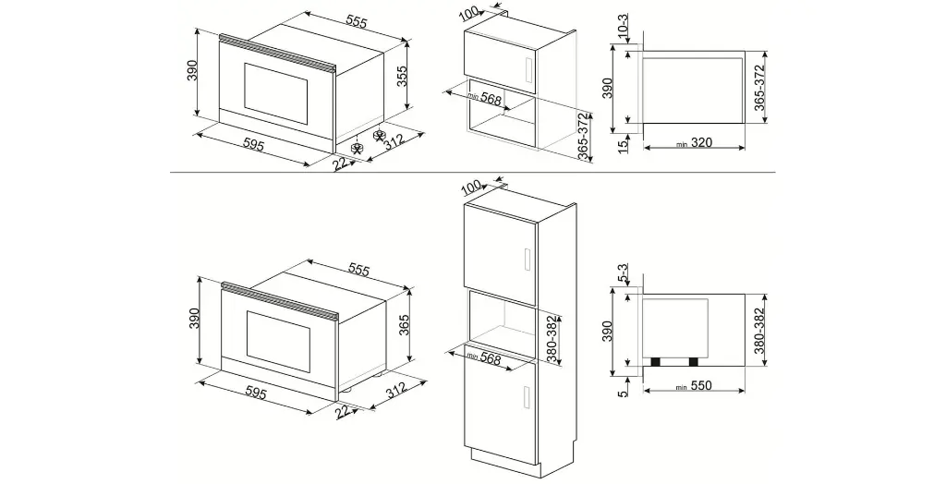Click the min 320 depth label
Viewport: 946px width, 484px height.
pos(695,142)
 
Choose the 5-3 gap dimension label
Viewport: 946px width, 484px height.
pos(624,273)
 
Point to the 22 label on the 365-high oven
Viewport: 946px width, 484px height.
pos(344,415)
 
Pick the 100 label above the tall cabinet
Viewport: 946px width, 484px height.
pos(471,188)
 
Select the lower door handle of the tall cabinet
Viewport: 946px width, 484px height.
pos(523,397)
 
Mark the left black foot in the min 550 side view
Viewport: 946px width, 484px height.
pos(657,361)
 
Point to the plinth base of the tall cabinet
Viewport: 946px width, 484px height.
pos(504,458)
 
